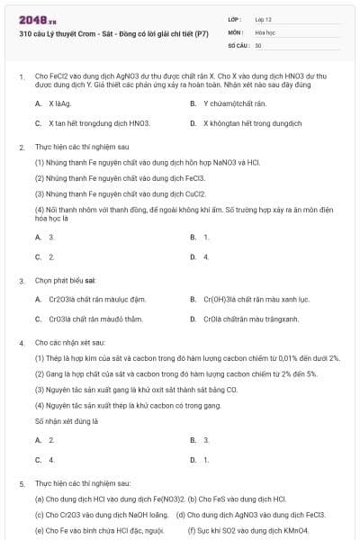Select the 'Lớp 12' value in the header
(264, 18)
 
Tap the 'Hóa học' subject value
(265, 31)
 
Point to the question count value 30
(258, 44)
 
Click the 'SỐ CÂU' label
(237, 44)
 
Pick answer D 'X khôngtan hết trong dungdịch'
(251, 122)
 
